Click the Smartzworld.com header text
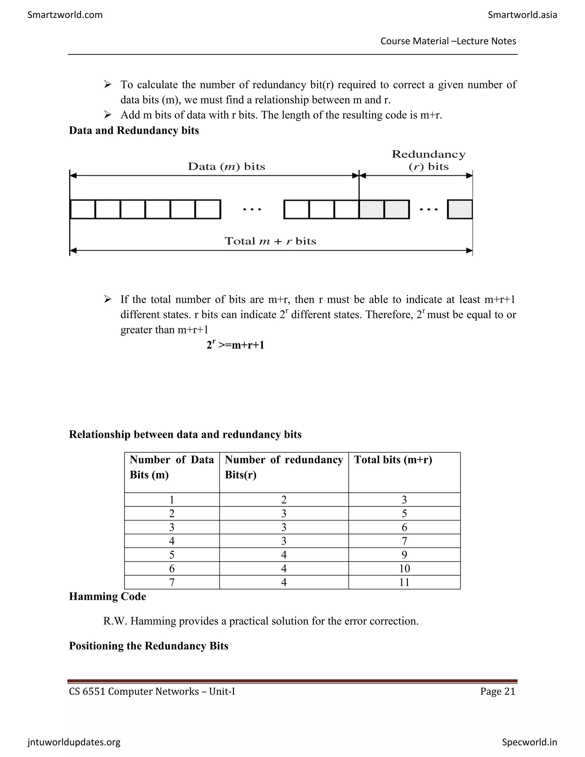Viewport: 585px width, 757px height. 65,15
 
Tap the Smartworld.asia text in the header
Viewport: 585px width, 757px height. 522,15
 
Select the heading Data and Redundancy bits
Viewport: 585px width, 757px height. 134,131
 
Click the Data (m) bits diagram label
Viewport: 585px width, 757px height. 226,167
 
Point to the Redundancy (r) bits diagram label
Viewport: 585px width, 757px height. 428,161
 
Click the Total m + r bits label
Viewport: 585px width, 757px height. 270,241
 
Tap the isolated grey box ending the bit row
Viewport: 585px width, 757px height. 460,209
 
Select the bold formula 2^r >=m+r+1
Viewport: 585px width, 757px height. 235,345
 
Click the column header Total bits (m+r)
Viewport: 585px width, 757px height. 393,460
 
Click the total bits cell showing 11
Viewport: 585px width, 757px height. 404,582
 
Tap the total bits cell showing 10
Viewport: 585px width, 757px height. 404,568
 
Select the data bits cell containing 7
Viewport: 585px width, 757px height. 172,582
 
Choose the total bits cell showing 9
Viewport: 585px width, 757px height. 404,555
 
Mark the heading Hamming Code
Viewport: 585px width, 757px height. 107,596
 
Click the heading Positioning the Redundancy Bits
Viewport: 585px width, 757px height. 148,646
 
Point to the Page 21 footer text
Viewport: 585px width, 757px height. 498,692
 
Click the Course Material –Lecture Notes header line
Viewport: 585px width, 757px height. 448,41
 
